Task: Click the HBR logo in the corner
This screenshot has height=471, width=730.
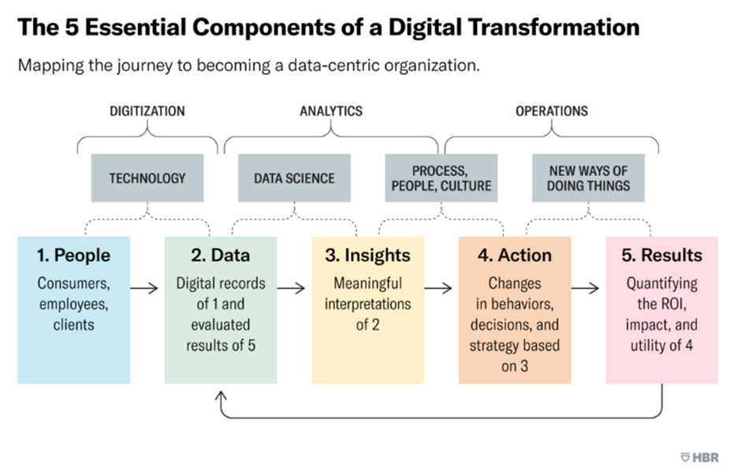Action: pyautogui.click(x=700, y=457)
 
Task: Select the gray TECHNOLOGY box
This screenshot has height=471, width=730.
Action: pyautogui.click(x=147, y=178)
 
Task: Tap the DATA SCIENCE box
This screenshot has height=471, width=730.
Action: pyautogui.click(x=294, y=178)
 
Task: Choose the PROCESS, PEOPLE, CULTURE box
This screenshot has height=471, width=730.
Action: pyautogui.click(x=441, y=178)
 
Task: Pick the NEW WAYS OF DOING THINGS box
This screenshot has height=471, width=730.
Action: pyautogui.click(x=588, y=178)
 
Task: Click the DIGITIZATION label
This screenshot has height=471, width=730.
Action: pyautogui.click(x=147, y=111)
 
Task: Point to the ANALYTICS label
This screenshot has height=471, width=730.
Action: pyautogui.click(x=331, y=111)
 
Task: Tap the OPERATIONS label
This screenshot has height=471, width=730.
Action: pyautogui.click(x=552, y=111)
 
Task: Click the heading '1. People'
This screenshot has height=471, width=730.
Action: pyautogui.click(x=73, y=256)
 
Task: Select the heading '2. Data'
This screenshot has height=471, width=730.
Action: pyautogui.click(x=221, y=256)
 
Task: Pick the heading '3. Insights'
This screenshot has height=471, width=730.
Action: pyautogui.click(x=368, y=256)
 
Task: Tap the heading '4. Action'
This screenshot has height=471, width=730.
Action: pyautogui.click(x=515, y=256)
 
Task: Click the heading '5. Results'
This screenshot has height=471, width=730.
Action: pyautogui.click(x=661, y=256)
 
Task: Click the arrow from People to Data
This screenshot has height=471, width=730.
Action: pyautogui.click(x=144, y=289)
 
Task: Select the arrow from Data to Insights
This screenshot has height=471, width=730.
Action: pyautogui.click(x=291, y=289)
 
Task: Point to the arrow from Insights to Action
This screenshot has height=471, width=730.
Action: pyautogui.click(x=438, y=289)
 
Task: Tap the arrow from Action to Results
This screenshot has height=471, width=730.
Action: pyautogui.click(x=585, y=289)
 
